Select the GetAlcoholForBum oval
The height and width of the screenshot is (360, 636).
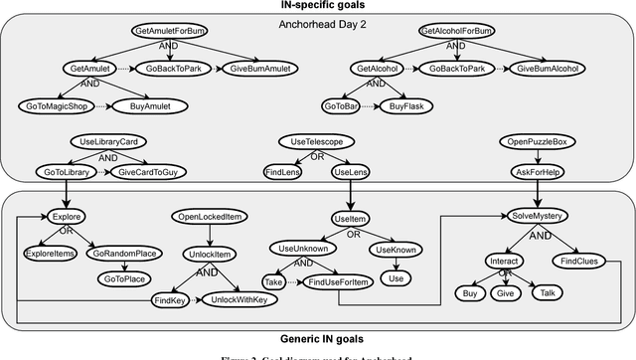pyautogui.click(x=456, y=32)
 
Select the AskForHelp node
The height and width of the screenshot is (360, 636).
pyautogui.click(x=531, y=171)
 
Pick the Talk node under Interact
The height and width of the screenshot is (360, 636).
pyautogui.click(x=548, y=292)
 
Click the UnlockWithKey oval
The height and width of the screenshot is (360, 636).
pyautogui.click(x=239, y=299)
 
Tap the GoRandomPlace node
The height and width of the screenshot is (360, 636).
pyautogui.click(x=124, y=253)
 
